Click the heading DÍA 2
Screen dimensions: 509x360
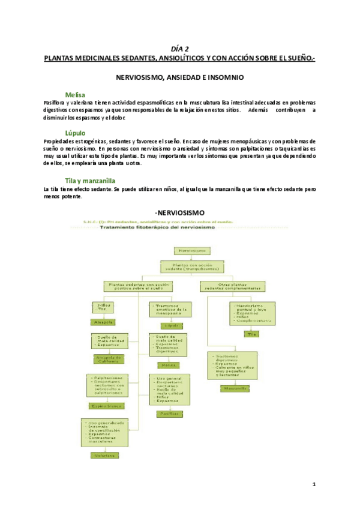[179, 50]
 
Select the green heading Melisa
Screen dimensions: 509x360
[75, 95]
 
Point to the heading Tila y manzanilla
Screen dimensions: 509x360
[91, 180]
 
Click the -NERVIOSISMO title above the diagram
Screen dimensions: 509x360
[179, 212]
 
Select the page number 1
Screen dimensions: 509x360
[313, 484]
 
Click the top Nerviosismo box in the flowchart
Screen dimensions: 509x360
[190, 250]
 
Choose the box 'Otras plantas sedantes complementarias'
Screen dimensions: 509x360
[232, 285]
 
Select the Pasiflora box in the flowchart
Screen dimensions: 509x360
[169, 413]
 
